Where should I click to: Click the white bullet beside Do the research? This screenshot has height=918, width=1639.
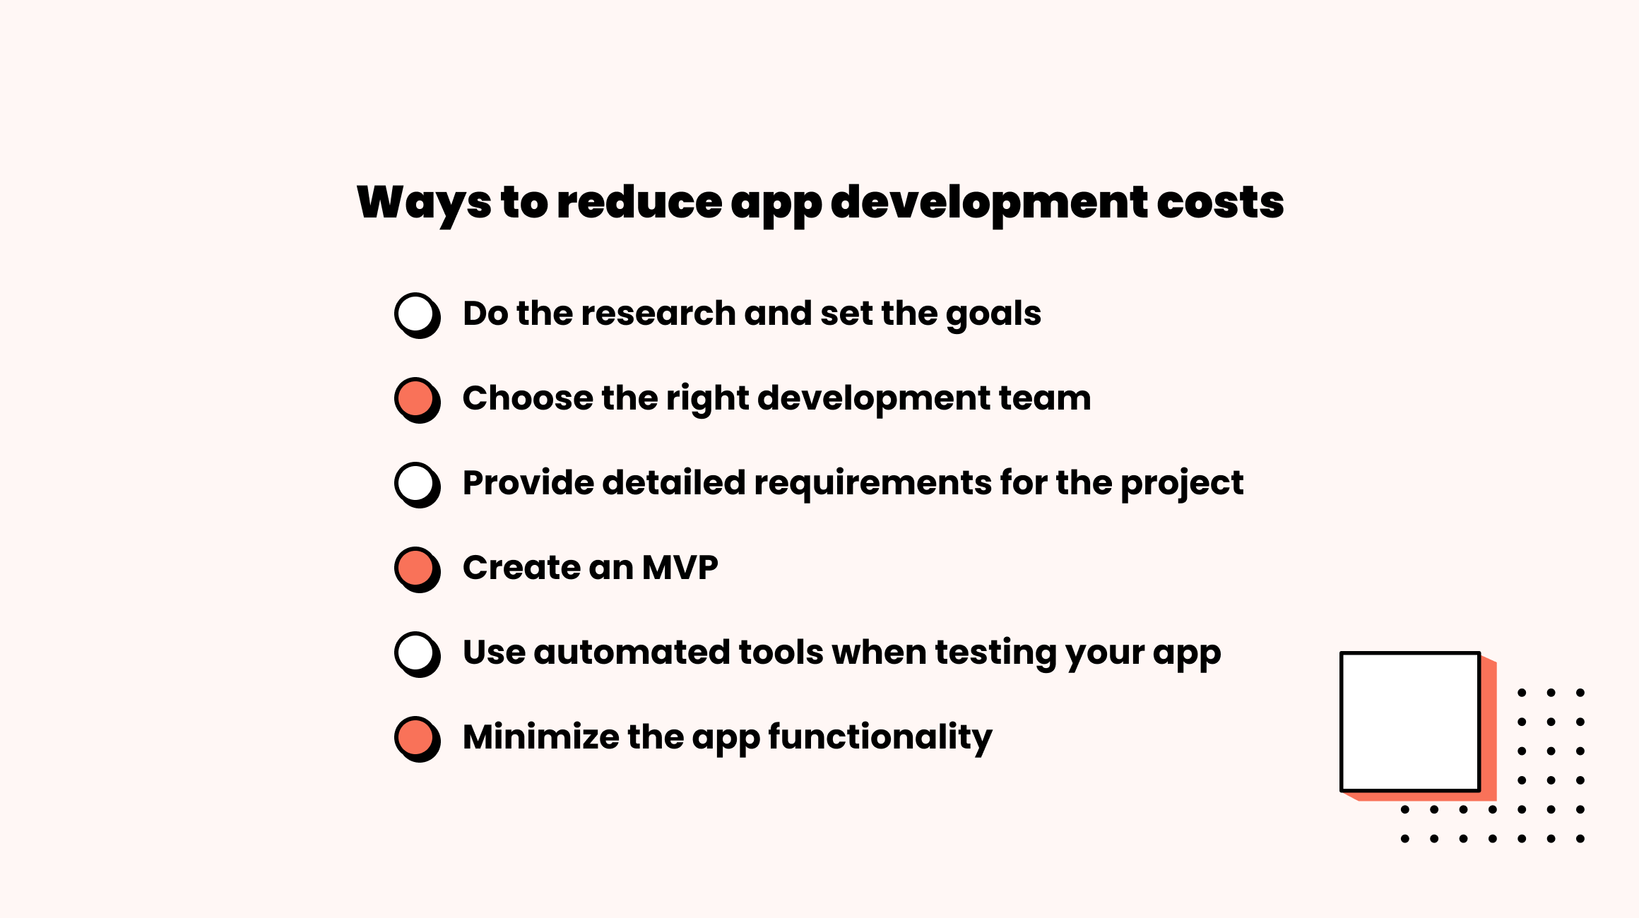point(416,314)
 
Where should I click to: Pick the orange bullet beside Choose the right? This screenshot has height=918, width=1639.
point(416,399)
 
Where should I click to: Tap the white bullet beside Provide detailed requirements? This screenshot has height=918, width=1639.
point(416,484)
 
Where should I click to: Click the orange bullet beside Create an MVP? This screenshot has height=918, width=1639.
point(416,568)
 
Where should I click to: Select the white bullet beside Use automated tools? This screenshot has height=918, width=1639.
point(416,653)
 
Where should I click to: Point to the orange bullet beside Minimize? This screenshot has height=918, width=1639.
point(416,738)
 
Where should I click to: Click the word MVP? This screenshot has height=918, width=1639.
point(680,568)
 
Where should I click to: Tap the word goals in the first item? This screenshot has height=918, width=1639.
point(993,315)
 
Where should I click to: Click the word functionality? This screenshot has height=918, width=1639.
point(880,739)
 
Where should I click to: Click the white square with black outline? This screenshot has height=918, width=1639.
point(1410,722)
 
